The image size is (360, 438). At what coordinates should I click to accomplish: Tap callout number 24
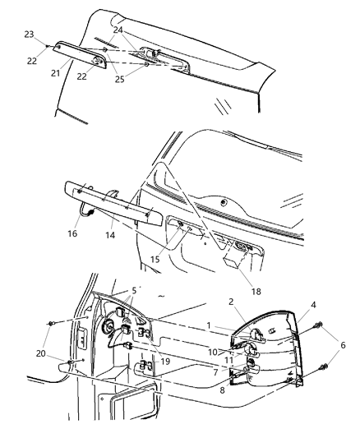pos(118,30)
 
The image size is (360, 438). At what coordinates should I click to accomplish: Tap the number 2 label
pos(232,302)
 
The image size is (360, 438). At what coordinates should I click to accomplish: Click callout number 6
pos(343,345)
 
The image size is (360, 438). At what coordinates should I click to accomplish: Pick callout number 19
pos(164,360)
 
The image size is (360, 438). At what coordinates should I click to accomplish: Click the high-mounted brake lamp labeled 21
pos(82,54)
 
